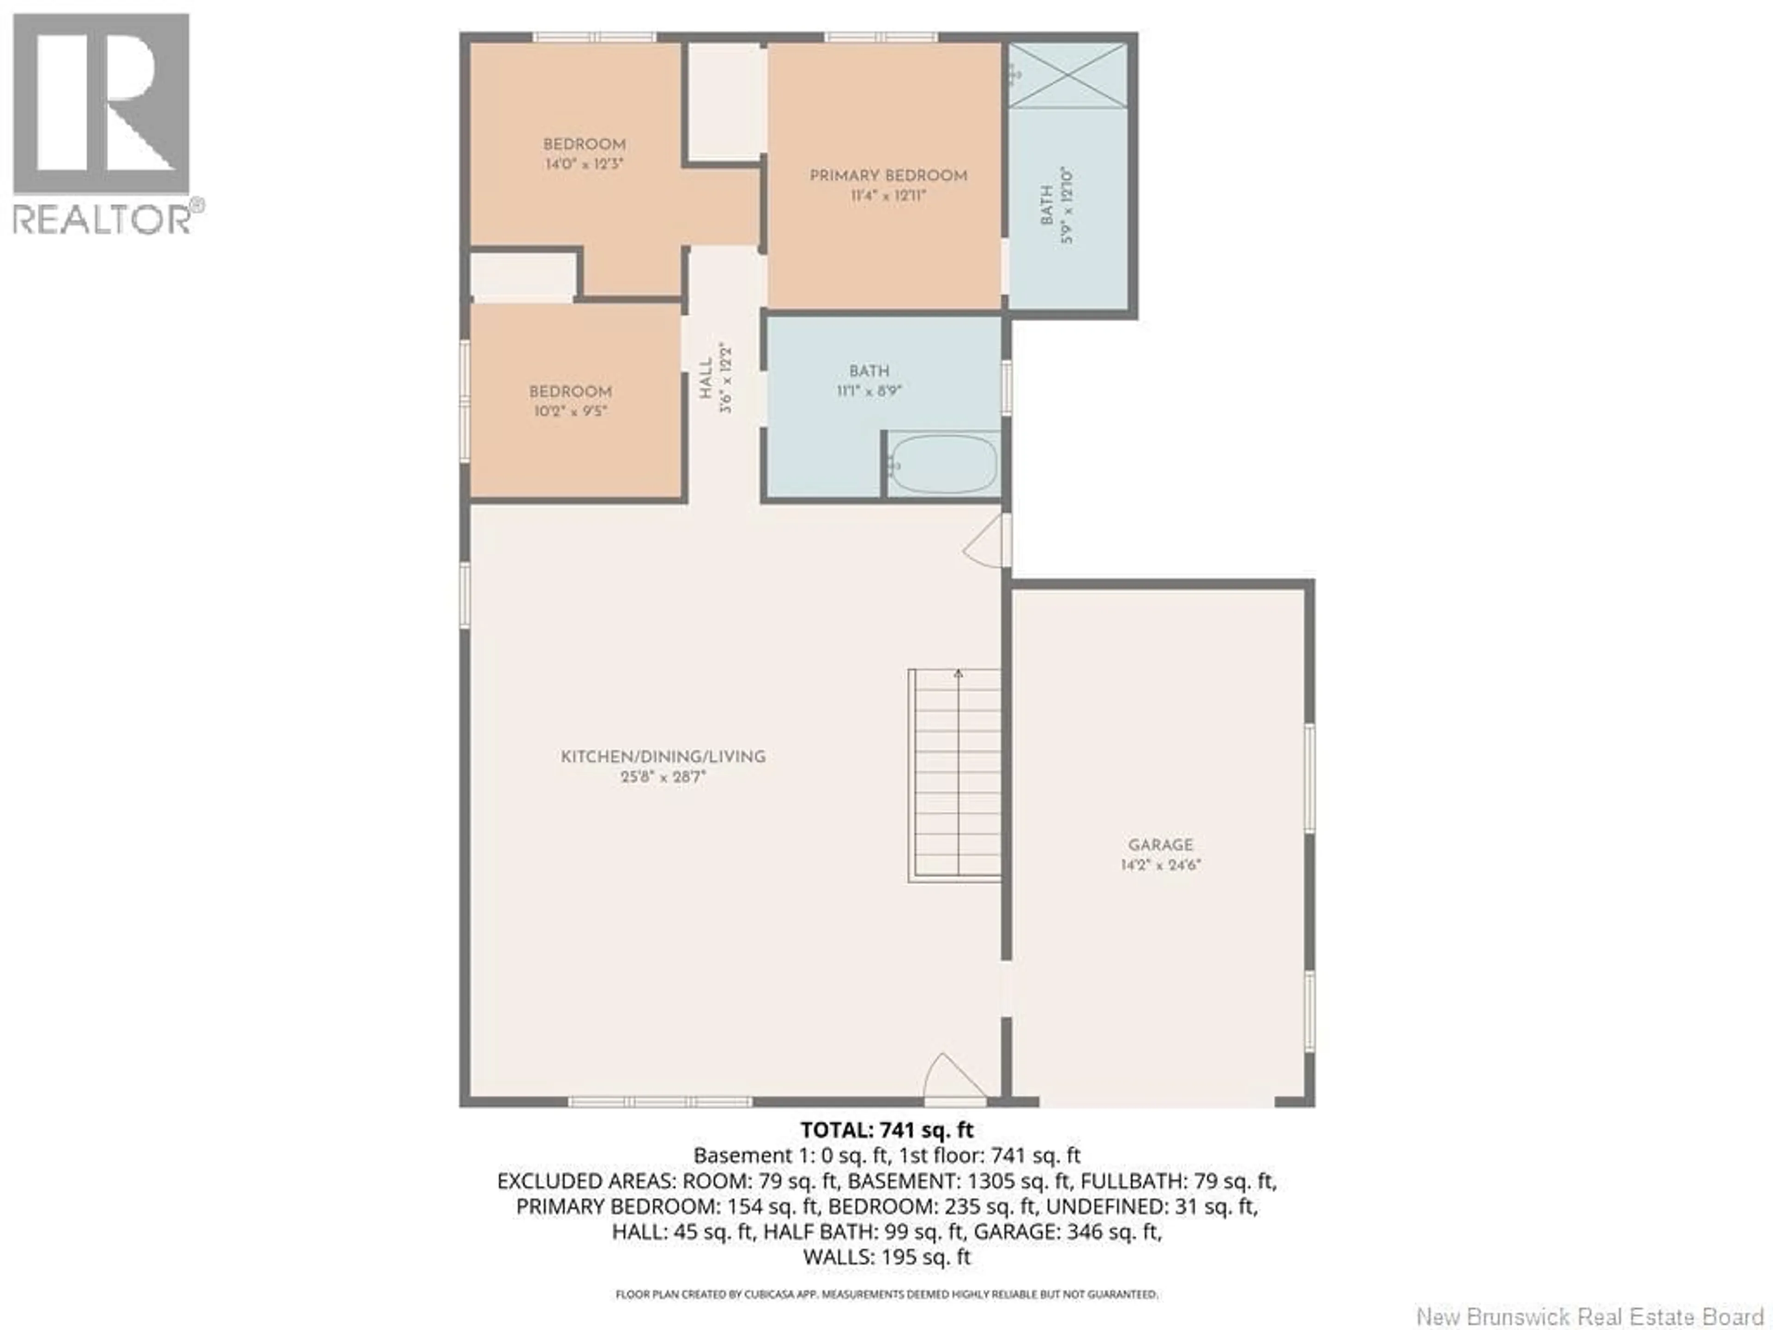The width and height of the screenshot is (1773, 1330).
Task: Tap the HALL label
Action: (x=706, y=378)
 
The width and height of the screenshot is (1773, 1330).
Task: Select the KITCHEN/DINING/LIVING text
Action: (x=663, y=756)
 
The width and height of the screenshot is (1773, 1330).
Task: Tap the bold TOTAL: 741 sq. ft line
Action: (x=886, y=1130)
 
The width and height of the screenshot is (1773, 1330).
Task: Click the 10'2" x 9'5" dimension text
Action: (x=570, y=411)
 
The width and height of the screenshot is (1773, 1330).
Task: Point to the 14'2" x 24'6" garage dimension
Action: (x=1161, y=865)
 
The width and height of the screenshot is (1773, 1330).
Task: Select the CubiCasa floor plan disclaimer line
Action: (x=886, y=1294)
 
